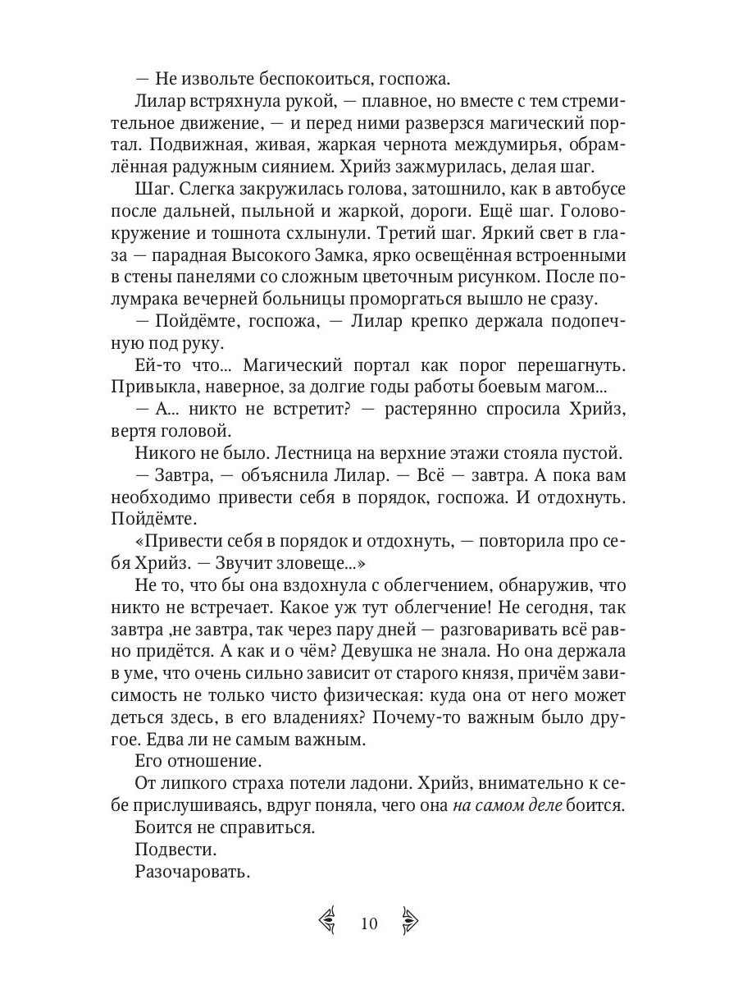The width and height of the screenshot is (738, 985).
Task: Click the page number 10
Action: [368, 923]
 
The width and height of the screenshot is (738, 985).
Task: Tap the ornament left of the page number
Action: [328, 923]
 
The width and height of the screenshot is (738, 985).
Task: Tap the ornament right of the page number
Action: [409, 923]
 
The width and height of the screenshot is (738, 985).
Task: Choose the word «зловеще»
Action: [319, 566]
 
